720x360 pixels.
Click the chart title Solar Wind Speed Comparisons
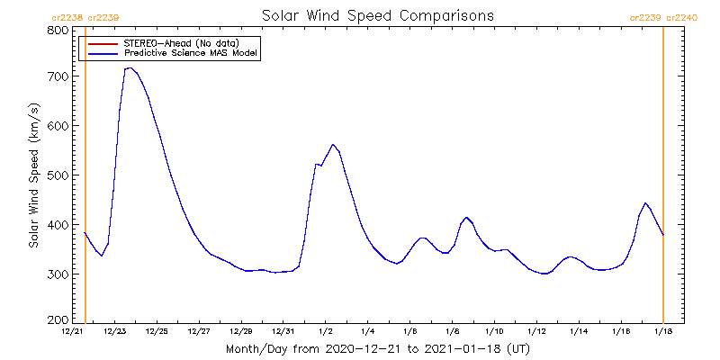377,16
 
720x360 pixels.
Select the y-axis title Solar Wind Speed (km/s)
34,175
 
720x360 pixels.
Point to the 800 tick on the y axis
58,30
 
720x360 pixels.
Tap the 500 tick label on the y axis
58,175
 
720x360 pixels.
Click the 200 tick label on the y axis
58,320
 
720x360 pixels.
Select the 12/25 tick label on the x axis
157,332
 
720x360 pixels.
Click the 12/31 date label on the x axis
283,332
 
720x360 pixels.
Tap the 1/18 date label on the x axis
663,332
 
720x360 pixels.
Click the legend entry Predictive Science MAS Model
191,54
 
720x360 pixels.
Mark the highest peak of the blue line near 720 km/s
130,67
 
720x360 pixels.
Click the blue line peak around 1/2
333,144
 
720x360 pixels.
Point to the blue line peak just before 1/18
646,203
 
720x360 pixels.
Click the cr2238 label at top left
67,17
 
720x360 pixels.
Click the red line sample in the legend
102,43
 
